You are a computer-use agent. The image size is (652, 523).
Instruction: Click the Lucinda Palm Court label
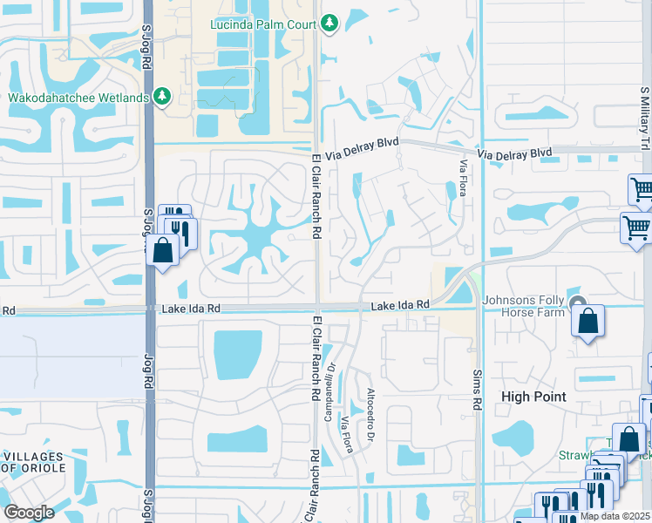coord(263,23)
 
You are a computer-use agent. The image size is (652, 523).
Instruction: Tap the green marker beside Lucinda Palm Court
coord(329,23)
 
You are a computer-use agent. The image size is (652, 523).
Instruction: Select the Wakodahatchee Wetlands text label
coord(78,97)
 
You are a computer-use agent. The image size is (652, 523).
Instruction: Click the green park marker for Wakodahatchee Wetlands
coord(162,97)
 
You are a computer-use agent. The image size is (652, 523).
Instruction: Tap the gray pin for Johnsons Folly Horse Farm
coord(577,304)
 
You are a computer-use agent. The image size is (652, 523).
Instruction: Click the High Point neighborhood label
coord(533,396)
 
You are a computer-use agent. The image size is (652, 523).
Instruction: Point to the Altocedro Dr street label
coord(370,410)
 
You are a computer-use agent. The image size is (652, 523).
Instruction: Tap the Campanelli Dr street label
coord(329,392)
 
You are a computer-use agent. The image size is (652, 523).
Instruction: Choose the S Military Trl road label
coord(644,112)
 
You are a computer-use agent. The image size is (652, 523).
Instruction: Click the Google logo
coord(29,513)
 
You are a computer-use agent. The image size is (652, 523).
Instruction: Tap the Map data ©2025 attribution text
coord(615,516)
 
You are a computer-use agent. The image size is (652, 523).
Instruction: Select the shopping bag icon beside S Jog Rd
coord(163,250)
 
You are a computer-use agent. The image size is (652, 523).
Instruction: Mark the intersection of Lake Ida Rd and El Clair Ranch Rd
coord(316,306)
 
